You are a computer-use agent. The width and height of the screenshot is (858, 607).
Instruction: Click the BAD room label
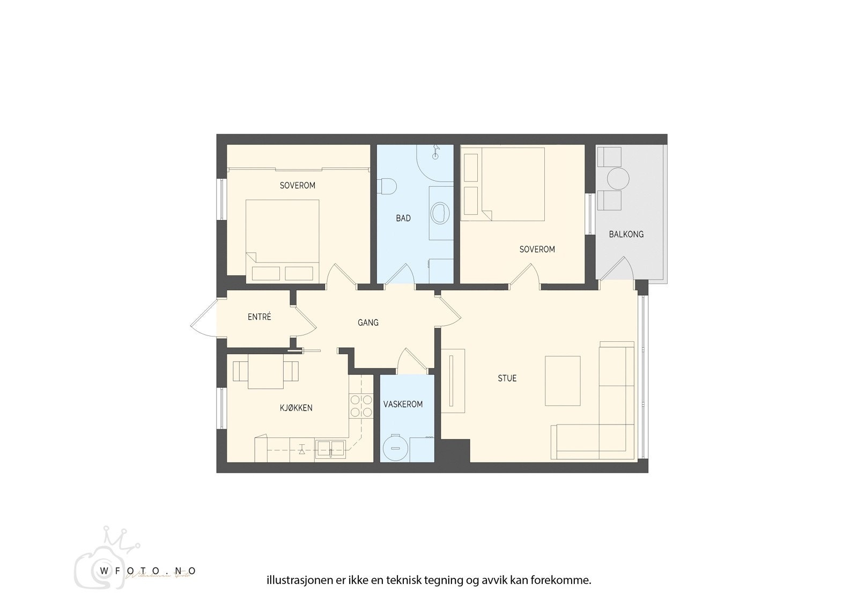pos(403,218)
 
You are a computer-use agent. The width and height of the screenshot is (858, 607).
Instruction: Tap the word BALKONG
pos(626,234)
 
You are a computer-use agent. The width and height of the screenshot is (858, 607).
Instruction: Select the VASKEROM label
pos(403,404)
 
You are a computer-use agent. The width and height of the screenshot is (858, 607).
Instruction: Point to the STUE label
pos(507,378)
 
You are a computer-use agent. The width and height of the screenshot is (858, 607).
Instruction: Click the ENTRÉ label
pos(259,317)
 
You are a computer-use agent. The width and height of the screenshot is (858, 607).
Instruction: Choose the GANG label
pos(368,323)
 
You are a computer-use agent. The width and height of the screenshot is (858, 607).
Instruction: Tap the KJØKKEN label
pos(295,408)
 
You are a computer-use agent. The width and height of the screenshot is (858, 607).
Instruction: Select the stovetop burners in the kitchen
pos(360,406)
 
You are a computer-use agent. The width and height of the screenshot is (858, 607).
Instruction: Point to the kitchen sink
pos(331,448)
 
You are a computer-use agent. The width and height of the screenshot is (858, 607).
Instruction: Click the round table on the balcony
pos(618,178)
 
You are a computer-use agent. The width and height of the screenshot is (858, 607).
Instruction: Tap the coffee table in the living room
pos(563,381)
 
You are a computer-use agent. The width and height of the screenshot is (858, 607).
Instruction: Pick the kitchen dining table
pos(265,374)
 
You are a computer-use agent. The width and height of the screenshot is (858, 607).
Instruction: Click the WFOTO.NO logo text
pos(147,571)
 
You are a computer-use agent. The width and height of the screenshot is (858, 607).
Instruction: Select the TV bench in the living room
pos(453,381)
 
